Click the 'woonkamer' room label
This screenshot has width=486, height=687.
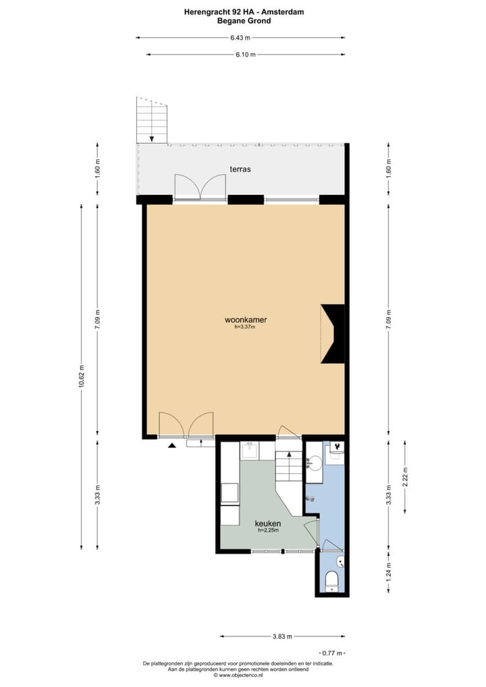pyautogui.click(x=241, y=320)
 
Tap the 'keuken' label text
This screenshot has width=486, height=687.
pyautogui.click(x=267, y=523)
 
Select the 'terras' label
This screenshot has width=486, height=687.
pyautogui.click(x=239, y=169)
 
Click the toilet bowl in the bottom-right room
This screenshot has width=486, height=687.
pyautogui.click(x=331, y=581)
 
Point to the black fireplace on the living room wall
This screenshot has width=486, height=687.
pyautogui.click(x=333, y=334)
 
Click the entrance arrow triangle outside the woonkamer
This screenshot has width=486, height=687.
pyautogui.click(x=172, y=445)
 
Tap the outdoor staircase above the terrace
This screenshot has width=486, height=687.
pyautogui.click(x=152, y=120)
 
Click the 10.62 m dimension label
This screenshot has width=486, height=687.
pyautogui.click(x=82, y=379)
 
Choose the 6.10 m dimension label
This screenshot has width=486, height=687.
pyautogui.click(x=245, y=55)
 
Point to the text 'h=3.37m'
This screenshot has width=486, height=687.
pyautogui.click(x=241, y=328)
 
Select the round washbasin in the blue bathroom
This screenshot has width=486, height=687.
pyautogui.click(x=314, y=464)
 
